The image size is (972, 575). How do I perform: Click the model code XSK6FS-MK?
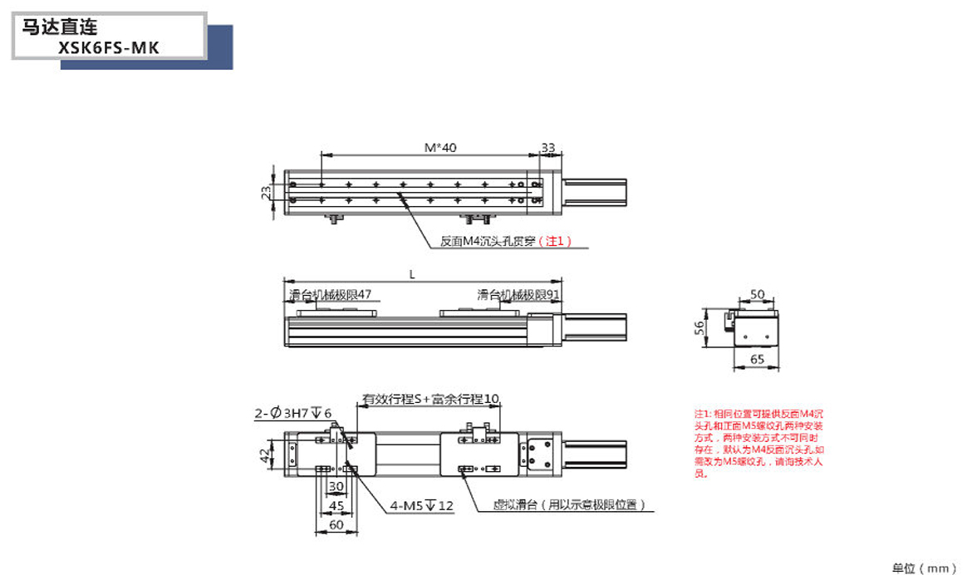[x=109, y=48]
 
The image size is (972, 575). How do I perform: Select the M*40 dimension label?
[x=440, y=148]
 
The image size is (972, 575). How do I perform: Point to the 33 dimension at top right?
[x=548, y=148]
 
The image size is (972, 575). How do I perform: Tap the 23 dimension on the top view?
[x=266, y=193]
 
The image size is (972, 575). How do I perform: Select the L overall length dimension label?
[x=413, y=273]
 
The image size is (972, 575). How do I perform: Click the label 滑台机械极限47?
[x=330, y=294]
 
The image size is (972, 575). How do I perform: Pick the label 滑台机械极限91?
[x=519, y=294]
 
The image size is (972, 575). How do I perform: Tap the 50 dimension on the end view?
[x=757, y=294]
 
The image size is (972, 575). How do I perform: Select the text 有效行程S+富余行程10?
[x=430, y=400]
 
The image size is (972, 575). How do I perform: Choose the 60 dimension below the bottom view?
[x=336, y=524]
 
